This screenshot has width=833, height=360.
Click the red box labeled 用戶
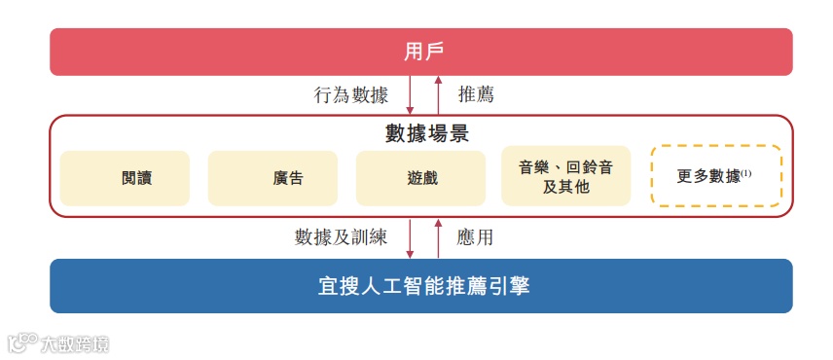coord(420,52)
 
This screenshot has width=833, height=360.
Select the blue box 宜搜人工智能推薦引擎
coord(420,286)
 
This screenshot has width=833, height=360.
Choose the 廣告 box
coord(272,177)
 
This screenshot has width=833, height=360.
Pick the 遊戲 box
coord(420,177)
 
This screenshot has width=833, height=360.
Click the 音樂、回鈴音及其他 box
coord(565,177)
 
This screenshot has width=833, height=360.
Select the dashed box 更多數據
coord(715,176)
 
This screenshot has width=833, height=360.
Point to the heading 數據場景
coord(420,132)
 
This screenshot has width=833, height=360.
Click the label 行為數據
coord(350,95)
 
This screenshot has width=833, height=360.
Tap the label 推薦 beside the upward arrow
coord(476,95)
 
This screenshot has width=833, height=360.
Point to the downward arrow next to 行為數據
coord(410,95)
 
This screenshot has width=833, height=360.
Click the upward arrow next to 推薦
coord(439,95)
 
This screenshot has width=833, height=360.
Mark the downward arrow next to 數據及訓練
coord(410,236)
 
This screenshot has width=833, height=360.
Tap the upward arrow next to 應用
coord(439,236)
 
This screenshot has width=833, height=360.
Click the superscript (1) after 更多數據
coord(747,172)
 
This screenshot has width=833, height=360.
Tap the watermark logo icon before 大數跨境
coord(21,343)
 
